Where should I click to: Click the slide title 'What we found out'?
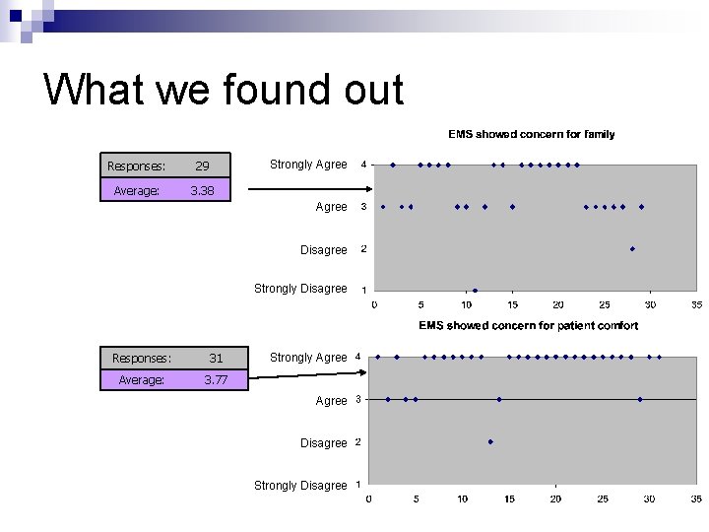[224, 90]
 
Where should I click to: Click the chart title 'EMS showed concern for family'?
[531, 134]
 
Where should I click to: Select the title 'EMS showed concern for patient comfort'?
[528, 325]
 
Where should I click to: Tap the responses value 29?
[202, 166]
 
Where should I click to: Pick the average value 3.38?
[202, 190]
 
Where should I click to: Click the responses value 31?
[216, 359]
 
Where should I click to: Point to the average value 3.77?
[216, 379]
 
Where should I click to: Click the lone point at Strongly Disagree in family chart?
[475, 291]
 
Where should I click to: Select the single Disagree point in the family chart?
[632, 249]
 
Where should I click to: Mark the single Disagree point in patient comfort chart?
[490, 441]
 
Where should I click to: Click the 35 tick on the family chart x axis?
[696, 304]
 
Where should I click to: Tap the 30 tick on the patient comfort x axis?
[649, 499]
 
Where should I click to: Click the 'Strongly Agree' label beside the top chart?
[308, 165]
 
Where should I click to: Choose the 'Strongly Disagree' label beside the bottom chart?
[300, 485]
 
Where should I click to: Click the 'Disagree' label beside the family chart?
[323, 250]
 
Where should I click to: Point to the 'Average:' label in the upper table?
[136, 190]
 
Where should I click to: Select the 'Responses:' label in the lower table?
[142, 359]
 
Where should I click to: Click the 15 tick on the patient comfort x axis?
[509, 499]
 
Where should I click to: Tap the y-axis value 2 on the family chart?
[363, 249]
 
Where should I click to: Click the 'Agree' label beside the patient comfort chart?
[331, 401]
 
